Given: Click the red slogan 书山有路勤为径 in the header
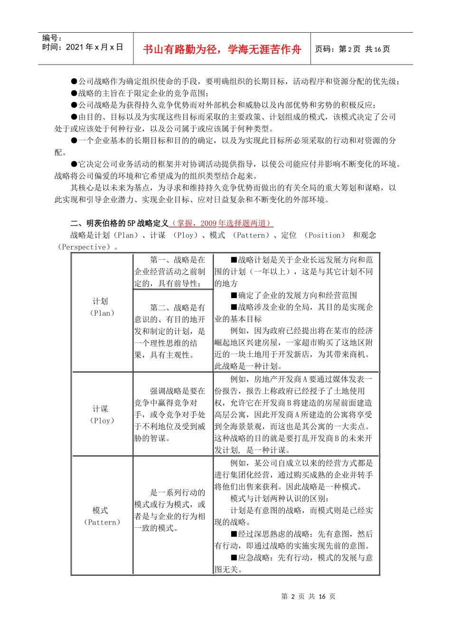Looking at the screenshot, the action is tap(222, 49).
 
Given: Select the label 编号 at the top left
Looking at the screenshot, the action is tap(52, 38).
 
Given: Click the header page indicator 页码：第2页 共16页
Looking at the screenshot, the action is tap(352, 49).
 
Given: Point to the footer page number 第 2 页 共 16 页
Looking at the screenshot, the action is tap(308, 596).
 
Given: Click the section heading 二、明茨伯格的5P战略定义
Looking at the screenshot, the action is tap(119, 223).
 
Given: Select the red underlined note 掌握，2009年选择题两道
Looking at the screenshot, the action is tap(221, 223).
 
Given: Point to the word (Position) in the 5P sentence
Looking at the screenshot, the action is tap(324, 235).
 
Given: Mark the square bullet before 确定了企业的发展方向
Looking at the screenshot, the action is tap(234, 295).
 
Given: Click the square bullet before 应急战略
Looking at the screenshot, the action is tap(234, 557).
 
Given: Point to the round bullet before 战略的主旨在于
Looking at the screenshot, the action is tap(74, 93).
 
